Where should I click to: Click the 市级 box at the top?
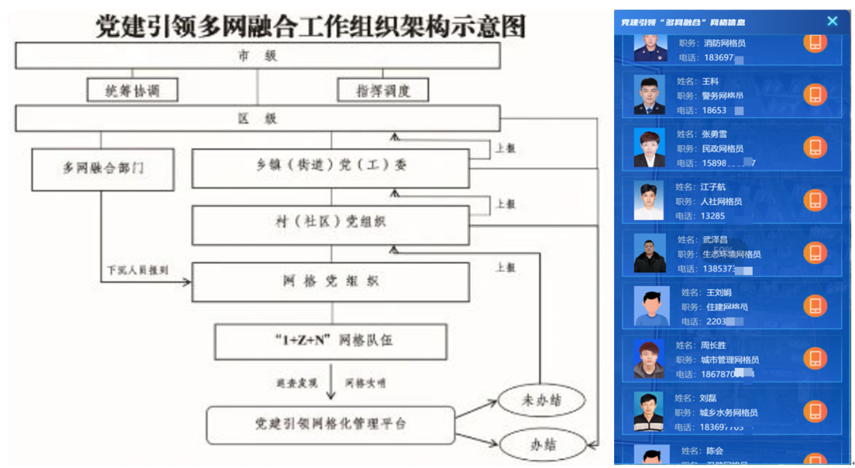[257, 56]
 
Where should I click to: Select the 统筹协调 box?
[133, 90]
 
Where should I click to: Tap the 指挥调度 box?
[382, 90]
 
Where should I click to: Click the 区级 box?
[257, 119]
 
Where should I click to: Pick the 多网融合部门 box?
[103, 169]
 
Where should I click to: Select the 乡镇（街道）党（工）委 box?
[330, 168]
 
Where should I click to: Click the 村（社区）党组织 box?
[330, 224]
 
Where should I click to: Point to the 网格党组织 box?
[330, 282]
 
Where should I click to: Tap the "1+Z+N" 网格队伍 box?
[330, 341]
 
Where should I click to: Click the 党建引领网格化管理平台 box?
[330, 424]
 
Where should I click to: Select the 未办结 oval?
[541, 401]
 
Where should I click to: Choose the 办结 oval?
[541, 444]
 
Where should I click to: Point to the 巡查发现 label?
[296, 383]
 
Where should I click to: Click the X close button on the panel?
[832, 21]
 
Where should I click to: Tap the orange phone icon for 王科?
[815, 95]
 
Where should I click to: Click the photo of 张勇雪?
[649, 147]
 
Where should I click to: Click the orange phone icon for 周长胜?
[815, 359]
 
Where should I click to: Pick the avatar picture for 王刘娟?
[651, 306]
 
